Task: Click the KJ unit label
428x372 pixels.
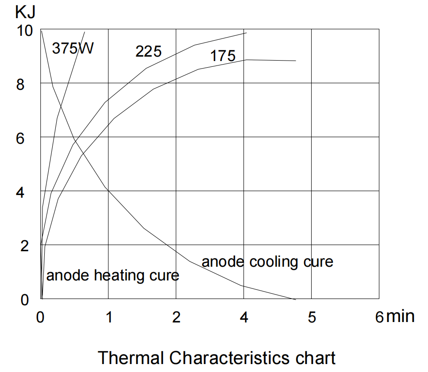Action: click(x=24, y=12)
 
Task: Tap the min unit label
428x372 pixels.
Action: click(x=400, y=316)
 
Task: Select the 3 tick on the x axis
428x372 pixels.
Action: click(x=244, y=318)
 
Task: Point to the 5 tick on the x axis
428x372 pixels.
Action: click(x=312, y=318)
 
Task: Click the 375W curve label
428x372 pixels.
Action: click(x=73, y=48)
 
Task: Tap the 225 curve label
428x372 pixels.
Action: click(x=148, y=52)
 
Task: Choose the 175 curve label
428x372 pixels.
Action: click(x=223, y=56)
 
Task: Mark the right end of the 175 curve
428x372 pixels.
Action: click(x=295, y=61)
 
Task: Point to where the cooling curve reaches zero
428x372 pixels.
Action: click(x=295, y=299)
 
